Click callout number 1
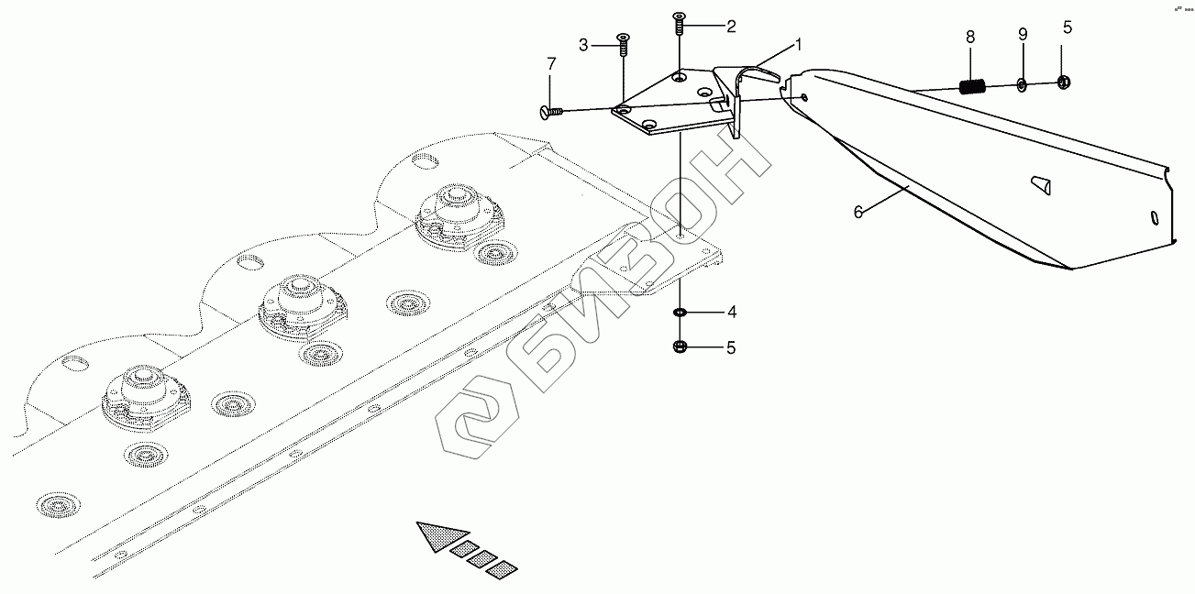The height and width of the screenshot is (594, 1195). (798, 43)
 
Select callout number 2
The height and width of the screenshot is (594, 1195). (731, 26)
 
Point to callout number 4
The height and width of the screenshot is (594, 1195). (731, 313)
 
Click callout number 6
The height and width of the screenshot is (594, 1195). (858, 212)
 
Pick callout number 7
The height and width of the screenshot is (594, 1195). (551, 64)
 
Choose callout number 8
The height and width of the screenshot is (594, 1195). (970, 37)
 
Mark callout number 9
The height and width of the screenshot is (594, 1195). (1023, 34)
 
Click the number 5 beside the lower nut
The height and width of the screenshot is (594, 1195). (731, 347)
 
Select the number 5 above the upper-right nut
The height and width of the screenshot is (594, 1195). (1067, 27)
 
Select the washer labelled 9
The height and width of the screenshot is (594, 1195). (1023, 85)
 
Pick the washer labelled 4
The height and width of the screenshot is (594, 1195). (680, 313)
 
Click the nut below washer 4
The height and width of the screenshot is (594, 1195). (680, 346)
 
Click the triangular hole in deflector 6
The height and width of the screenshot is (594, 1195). (1040, 184)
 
